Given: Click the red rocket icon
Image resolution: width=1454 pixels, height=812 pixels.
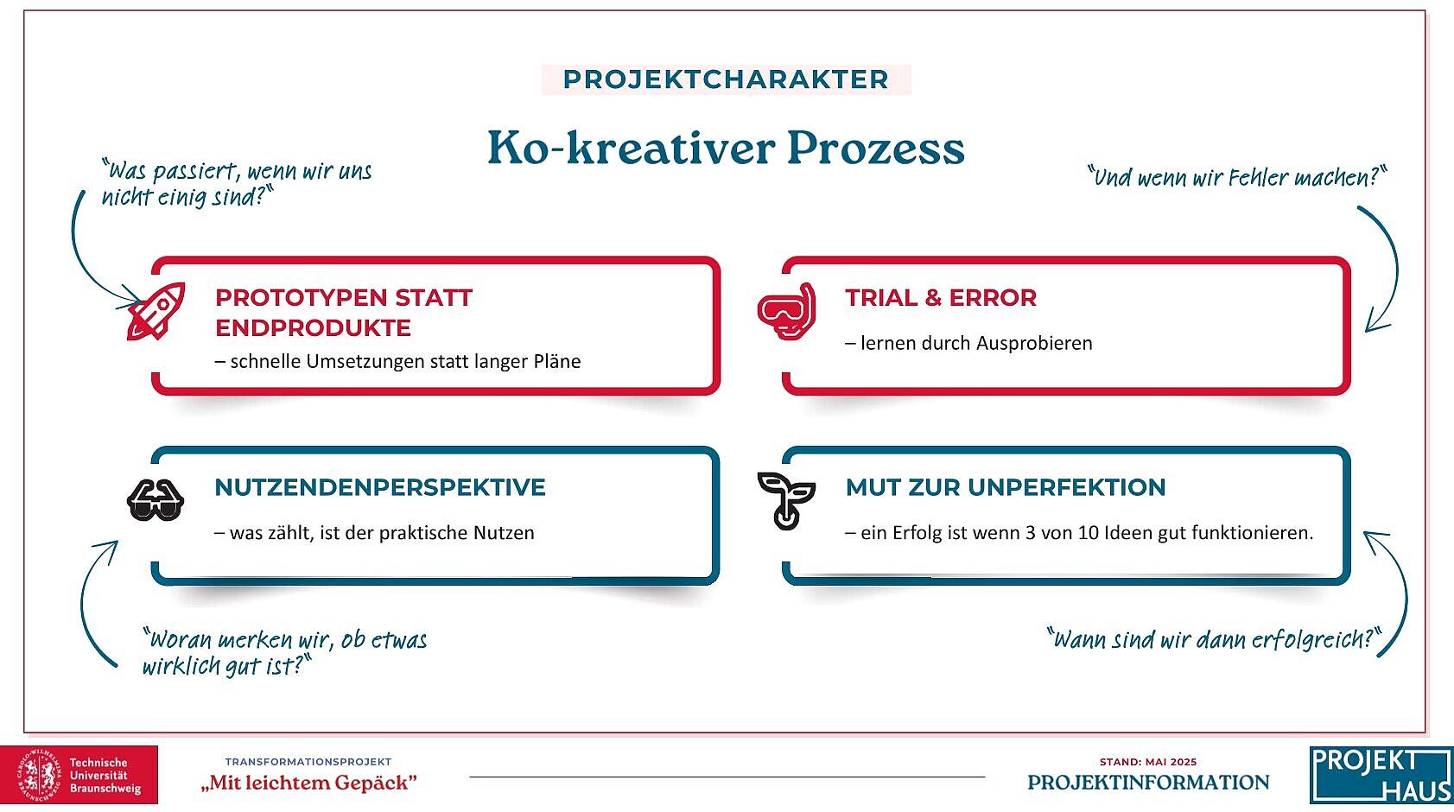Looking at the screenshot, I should [156, 311].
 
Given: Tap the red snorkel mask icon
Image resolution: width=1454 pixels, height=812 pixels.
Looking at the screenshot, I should [787, 311].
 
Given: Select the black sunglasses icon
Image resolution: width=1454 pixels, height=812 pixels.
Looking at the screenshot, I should [156, 499].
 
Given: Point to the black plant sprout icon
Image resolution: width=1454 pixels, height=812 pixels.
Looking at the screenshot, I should [786, 499].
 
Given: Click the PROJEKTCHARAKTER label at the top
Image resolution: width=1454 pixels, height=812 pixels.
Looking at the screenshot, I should [726, 79].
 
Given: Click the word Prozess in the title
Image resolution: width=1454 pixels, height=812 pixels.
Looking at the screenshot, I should [875, 148].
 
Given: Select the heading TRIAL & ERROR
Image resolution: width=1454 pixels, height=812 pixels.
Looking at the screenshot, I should [941, 298].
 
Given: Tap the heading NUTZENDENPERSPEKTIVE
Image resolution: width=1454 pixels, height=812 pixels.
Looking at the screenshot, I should [380, 487].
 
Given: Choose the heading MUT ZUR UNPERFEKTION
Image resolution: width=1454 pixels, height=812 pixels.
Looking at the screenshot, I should [1006, 487].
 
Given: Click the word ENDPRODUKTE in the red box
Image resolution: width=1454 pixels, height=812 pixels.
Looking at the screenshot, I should [313, 328].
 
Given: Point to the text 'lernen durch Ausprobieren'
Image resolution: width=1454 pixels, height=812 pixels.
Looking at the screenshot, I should [976, 343].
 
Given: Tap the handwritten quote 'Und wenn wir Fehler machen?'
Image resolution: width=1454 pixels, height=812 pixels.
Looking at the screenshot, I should [1236, 177].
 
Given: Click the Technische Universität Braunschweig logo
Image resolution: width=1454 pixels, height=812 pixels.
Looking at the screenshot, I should [79, 775].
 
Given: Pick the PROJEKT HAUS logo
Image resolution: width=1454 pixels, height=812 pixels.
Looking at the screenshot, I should [1381, 775].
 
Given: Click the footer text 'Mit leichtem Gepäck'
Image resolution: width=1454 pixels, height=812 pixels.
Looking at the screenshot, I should [308, 783].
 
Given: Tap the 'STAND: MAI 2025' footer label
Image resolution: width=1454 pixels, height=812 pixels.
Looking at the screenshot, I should [1148, 762].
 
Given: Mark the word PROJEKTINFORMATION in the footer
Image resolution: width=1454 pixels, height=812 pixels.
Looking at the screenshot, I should [1148, 783].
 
